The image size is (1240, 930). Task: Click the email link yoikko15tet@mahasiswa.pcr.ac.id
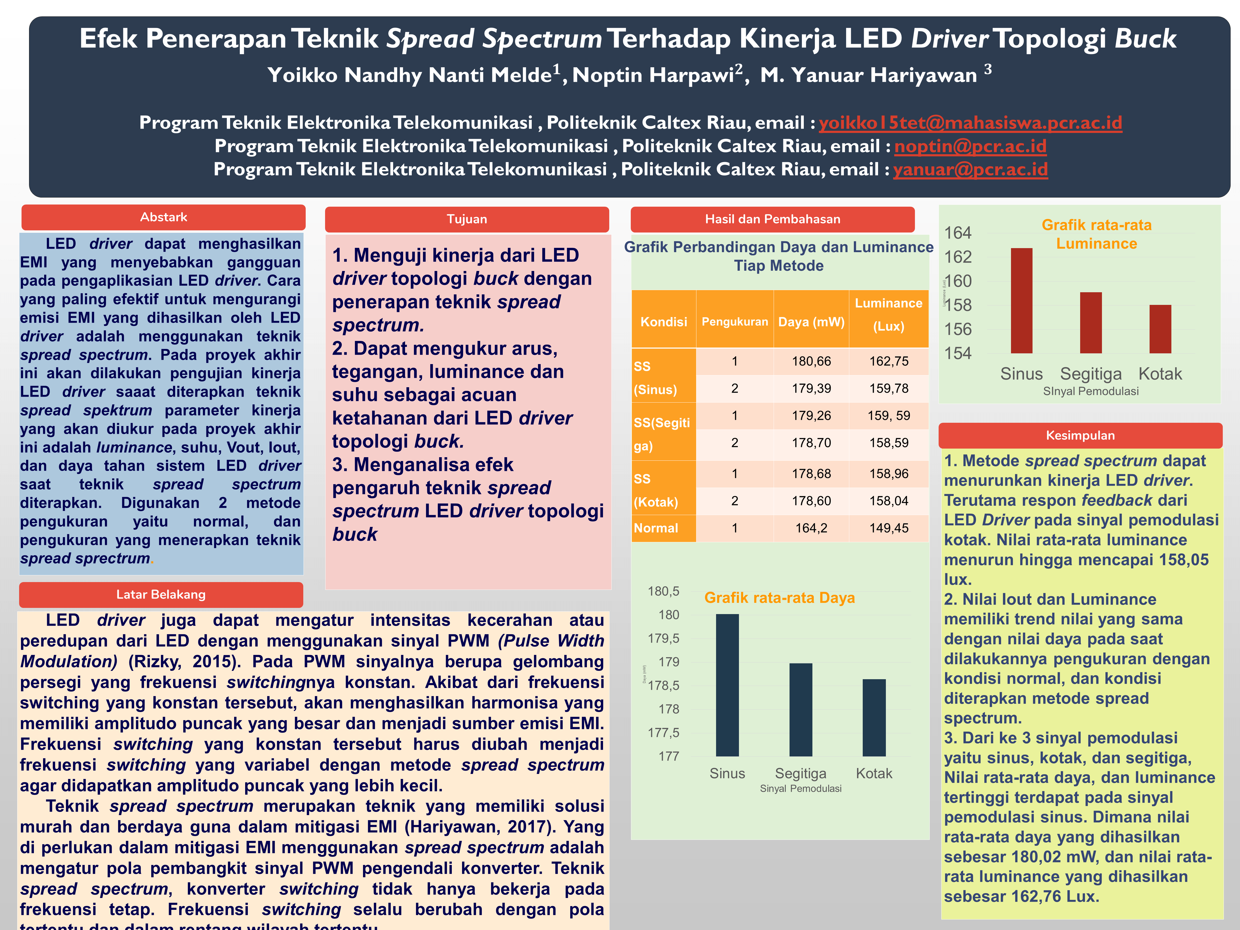[970, 123]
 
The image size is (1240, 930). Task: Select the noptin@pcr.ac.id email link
[970, 146]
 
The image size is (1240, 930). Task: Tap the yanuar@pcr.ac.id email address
[970, 169]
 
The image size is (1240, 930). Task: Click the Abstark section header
[163, 217]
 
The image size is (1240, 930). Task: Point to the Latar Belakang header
[161, 594]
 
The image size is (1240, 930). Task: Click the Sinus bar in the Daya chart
[727, 685]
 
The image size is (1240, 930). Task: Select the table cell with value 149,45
[889, 528]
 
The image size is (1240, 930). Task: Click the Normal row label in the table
[656, 528]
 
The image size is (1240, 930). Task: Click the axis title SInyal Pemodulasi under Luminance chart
[1090, 391]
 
